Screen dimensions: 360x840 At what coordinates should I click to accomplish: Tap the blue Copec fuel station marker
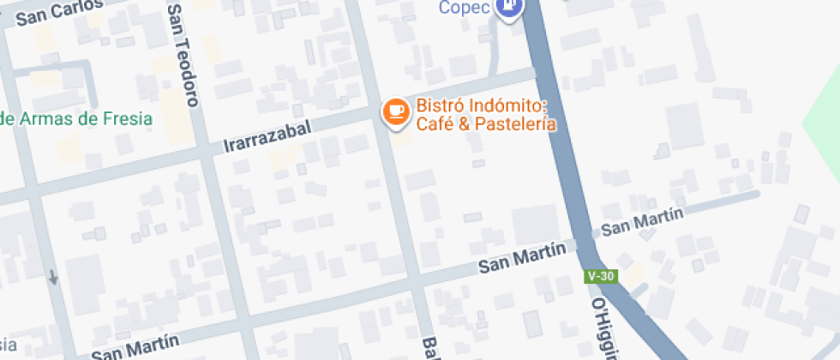[x=511, y=7]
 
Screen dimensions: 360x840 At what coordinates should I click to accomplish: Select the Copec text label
[x=465, y=8]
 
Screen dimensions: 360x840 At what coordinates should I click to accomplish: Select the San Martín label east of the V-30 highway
[x=641, y=223]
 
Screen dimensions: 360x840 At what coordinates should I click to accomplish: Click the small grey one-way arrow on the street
[x=54, y=277]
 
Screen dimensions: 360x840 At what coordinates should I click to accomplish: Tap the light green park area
[x=823, y=129]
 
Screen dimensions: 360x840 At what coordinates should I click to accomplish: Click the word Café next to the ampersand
[x=435, y=124]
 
